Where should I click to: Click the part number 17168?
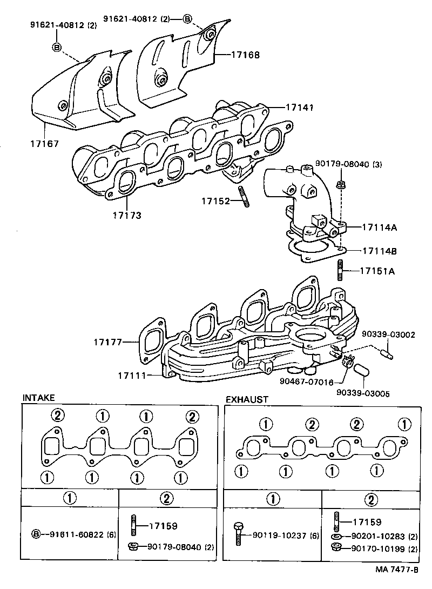click(246, 55)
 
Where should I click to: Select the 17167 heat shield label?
click(44, 144)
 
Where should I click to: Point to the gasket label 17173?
click(127, 215)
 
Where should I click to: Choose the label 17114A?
click(379, 227)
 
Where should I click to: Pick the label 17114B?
click(379, 251)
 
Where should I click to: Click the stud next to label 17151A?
click(341, 271)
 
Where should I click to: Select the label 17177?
click(107, 342)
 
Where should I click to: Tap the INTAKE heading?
click(38, 398)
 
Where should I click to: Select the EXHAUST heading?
click(247, 399)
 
